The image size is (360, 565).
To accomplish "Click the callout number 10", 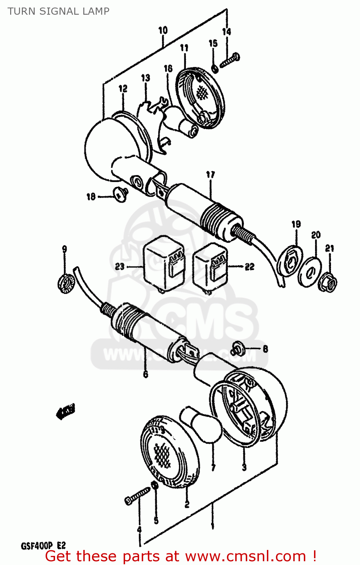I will (163, 30).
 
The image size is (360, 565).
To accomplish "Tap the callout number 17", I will (210, 174).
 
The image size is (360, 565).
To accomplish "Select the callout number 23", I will (119, 267).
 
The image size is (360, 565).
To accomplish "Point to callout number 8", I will (265, 349).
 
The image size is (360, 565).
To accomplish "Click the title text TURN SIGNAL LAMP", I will (58, 11).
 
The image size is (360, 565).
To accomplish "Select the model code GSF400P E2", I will (43, 546).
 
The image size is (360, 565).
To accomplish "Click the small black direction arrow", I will (66, 411).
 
